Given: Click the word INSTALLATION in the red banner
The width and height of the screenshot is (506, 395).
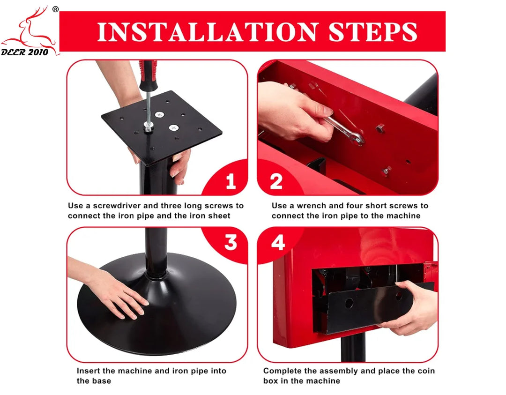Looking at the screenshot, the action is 208,32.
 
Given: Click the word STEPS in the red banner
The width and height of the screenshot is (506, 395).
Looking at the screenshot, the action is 373,32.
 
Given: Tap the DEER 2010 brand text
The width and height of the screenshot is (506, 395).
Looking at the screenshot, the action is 24,52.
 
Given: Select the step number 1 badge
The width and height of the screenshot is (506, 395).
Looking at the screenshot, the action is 231,181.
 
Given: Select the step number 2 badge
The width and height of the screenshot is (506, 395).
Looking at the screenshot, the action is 276,181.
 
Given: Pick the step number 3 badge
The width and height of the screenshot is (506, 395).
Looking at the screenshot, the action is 231,242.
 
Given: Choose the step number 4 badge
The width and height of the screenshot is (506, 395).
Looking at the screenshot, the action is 278,242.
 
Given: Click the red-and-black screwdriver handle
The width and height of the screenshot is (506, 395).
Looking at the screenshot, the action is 148,75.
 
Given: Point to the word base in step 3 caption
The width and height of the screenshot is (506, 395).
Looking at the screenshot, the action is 102,381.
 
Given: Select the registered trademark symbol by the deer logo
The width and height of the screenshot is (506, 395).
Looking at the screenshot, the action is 55,9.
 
